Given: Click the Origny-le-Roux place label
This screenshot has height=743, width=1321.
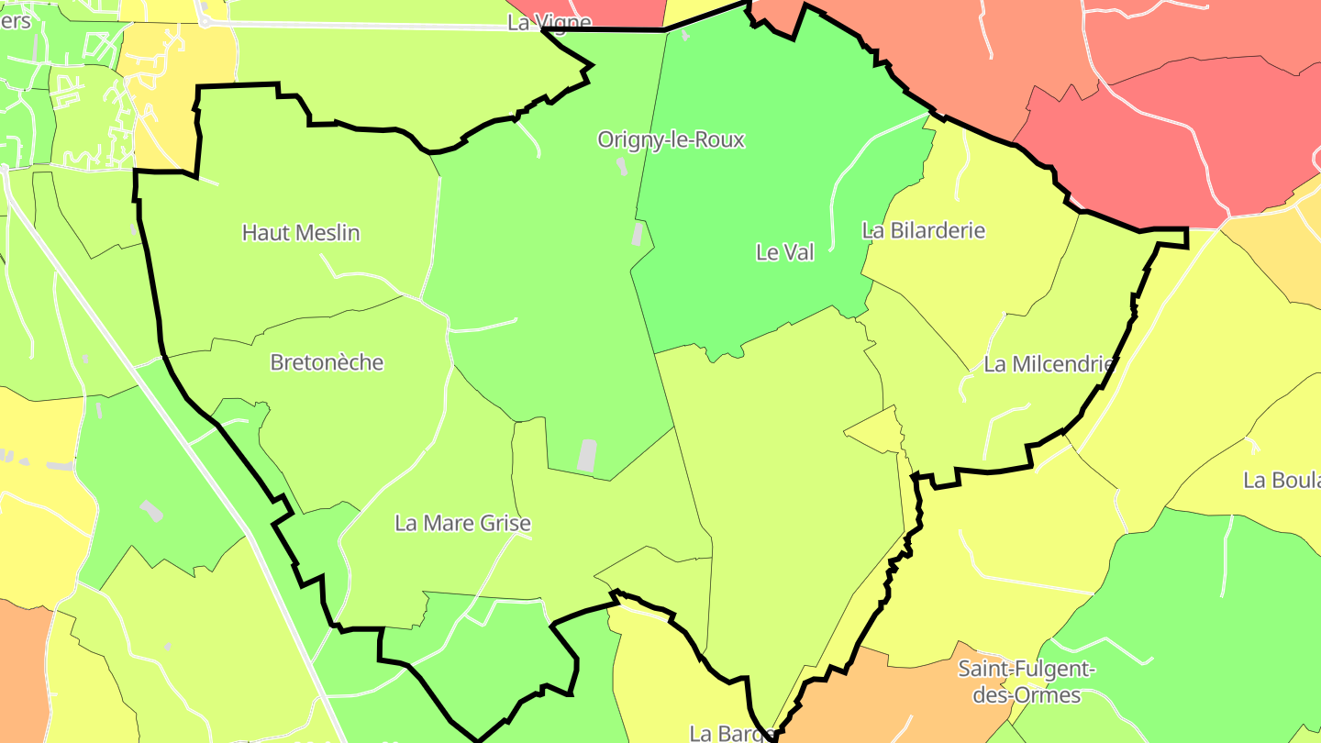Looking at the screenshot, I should point(671,140).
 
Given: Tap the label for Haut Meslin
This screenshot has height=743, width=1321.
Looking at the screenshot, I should point(301,233).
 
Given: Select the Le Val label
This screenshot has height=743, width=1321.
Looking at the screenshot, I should point(784,252).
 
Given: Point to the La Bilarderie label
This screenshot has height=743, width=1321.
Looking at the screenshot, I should point(923,230).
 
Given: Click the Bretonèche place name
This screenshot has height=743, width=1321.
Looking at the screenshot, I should point(327,362).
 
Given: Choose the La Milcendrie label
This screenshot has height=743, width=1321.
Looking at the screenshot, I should point(1049,364).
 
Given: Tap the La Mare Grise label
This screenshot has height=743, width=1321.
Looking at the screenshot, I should point(462,523).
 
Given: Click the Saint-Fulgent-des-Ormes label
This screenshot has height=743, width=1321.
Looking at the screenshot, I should point(1027,682).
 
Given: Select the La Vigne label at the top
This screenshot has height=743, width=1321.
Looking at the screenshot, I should point(549,22).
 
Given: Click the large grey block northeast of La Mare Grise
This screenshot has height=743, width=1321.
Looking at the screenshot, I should point(586,456).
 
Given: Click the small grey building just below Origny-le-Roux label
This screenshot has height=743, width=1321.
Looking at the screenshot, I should point(621,166).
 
